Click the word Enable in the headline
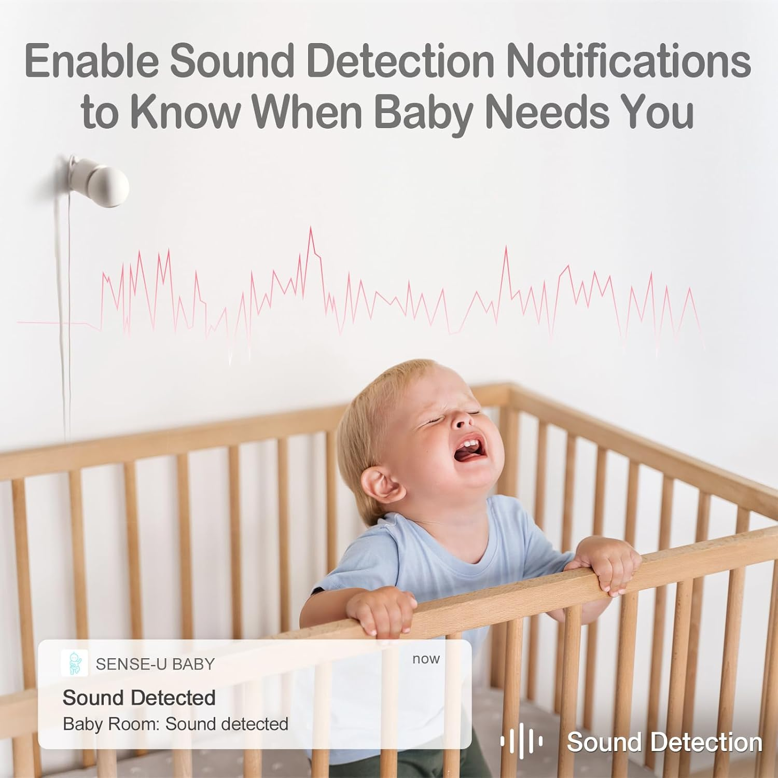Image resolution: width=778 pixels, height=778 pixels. pos(91,61)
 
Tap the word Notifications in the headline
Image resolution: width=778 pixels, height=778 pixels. pos(628,61)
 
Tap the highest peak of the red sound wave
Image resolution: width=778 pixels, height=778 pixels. pos(311,229)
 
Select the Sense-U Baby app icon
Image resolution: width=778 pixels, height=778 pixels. pos(74,663)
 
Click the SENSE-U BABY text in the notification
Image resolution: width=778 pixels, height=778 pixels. pos(155,664)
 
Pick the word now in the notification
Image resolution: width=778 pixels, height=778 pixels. pos(426,659)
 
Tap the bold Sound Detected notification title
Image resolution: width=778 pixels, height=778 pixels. pos(139,698)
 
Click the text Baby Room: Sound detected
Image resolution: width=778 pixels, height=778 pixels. pos(175,724)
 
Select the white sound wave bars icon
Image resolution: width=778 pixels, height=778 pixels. pos(521,742)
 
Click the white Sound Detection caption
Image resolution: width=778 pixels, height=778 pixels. pos(664,742)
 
